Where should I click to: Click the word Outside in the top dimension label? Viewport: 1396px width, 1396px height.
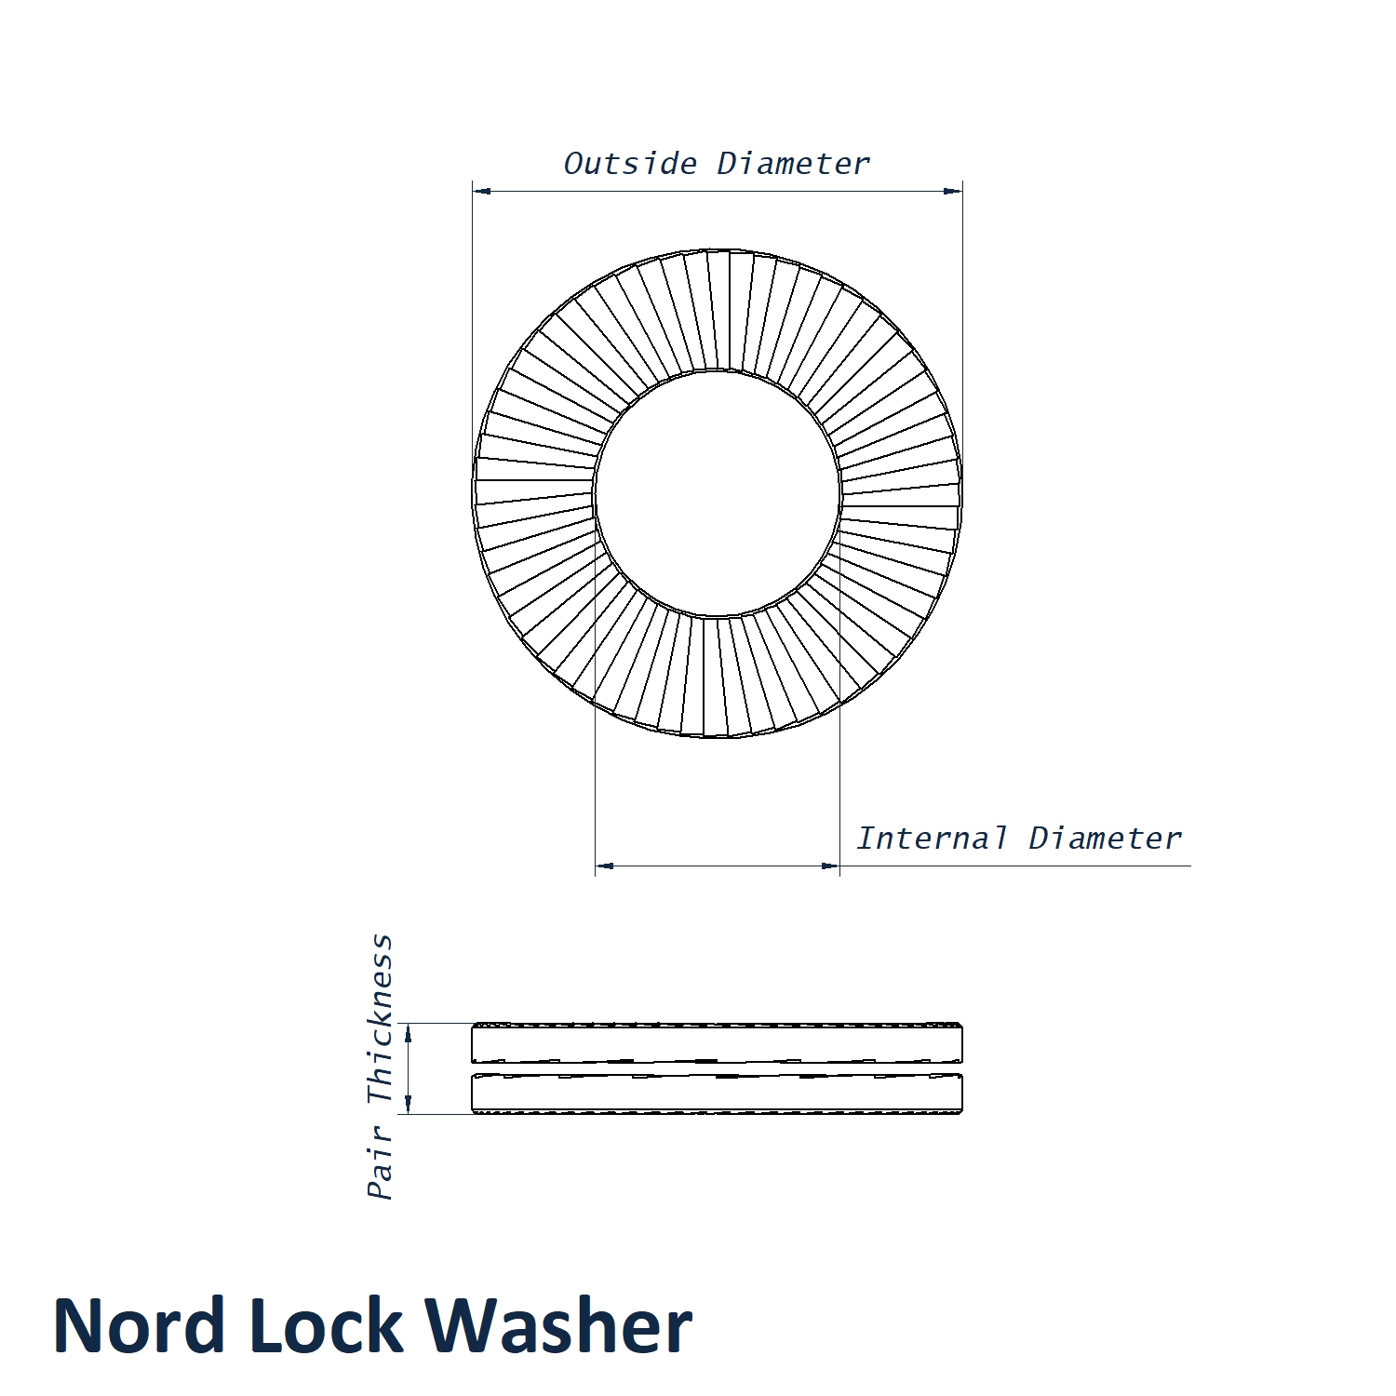click(x=630, y=164)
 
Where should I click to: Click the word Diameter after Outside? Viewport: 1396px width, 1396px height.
click(x=793, y=164)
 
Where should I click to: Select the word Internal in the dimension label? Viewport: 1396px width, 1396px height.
click(x=932, y=838)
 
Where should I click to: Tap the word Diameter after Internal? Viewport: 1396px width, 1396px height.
click(x=1105, y=838)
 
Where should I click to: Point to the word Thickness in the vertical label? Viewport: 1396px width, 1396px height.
click(x=381, y=1019)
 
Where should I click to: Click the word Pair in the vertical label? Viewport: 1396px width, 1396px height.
click(x=381, y=1162)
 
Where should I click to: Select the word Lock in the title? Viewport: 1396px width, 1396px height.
click(x=326, y=1325)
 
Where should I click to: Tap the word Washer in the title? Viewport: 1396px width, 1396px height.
click(x=559, y=1325)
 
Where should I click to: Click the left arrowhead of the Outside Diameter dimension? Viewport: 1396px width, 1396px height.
click(x=482, y=192)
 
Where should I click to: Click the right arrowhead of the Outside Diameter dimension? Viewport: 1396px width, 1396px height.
click(x=953, y=192)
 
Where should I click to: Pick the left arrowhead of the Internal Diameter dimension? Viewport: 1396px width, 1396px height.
click(x=605, y=866)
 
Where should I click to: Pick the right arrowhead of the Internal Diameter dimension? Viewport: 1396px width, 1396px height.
click(x=830, y=866)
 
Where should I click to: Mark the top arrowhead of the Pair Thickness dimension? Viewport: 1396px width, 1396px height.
click(x=408, y=1033)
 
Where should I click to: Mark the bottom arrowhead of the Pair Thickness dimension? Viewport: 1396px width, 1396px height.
click(x=408, y=1104)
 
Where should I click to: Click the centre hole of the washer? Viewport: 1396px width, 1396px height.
click(x=718, y=493)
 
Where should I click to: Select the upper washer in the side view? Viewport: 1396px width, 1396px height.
click(x=718, y=1043)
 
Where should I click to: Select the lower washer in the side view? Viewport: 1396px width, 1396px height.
click(x=718, y=1094)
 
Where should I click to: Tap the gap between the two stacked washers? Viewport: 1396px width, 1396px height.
click(x=718, y=1068)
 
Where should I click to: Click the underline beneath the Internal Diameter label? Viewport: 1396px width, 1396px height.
click(x=1015, y=866)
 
